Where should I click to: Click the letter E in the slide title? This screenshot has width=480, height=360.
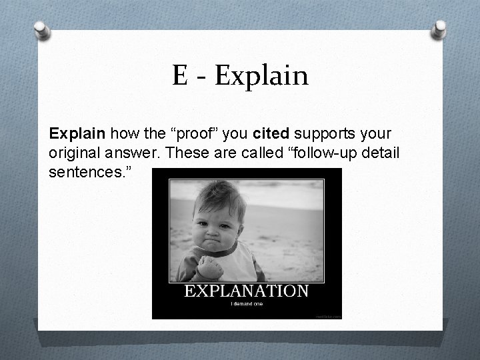click(179, 75)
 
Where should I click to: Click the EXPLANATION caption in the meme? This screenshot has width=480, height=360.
click(247, 291)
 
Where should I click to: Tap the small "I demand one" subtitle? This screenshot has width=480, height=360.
click(246, 304)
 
